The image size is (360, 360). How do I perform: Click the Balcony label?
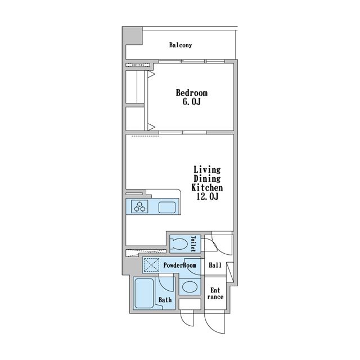[181, 45]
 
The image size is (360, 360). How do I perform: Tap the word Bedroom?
[192, 93]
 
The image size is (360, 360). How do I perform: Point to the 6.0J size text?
[191, 102]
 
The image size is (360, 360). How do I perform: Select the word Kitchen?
[207, 187]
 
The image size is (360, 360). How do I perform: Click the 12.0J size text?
[208, 196]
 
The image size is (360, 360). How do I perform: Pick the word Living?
[207, 170]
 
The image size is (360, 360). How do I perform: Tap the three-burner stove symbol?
[139, 206]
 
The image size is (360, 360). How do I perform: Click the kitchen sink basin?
[167, 208]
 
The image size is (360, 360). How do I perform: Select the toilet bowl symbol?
[179, 244]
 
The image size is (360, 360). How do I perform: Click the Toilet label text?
[193, 244]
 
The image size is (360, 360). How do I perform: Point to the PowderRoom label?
[180, 265]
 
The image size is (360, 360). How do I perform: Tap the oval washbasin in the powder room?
[190, 287]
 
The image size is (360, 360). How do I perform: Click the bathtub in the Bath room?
[144, 293]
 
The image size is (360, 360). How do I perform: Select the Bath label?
[165, 300]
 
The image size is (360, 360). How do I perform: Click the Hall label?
[215, 265]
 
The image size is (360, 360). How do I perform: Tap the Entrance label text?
[215, 294]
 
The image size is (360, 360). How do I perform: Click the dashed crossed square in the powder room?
[151, 265]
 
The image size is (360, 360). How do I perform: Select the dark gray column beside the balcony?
[132, 36]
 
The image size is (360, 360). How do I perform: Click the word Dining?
[207, 179]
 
